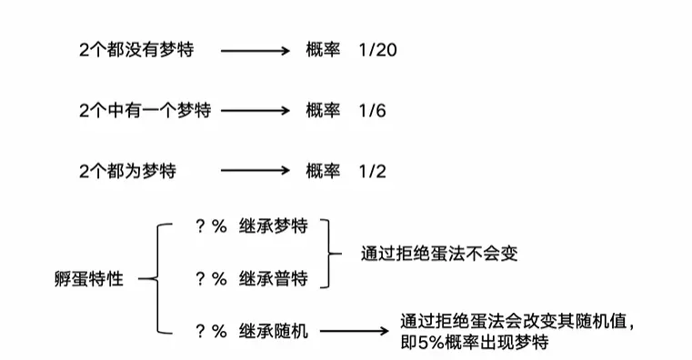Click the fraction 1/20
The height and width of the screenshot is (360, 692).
(x=377, y=50)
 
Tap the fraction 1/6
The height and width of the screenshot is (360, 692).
(x=373, y=110)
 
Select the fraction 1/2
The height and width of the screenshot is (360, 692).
(x=373, y=171)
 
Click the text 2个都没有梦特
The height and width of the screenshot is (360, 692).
(x=136, y=50)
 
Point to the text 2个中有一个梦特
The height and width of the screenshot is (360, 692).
(x=145, y=110)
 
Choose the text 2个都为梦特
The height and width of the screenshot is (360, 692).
(x=127, y=171)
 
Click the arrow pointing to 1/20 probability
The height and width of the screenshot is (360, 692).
(x=256, y=51)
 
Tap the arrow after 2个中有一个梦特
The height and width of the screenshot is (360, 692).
(x=256, y=111)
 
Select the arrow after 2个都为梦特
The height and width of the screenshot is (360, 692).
(x=256, y=171)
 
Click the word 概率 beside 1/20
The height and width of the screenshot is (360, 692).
(x=323, y=49)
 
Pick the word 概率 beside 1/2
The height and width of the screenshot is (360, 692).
(x=323, y=171)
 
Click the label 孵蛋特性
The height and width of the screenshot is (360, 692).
(x=89, y=279)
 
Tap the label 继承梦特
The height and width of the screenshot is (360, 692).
(x=274, y=226)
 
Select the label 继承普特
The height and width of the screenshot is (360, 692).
(x=274, y=279)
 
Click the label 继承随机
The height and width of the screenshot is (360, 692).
(x=274, y=331)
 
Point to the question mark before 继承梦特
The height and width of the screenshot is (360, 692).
(x=200, y=226)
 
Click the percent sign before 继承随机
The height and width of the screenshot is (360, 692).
(x=219, y=331)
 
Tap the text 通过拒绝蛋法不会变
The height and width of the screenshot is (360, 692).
(x=439, y=254)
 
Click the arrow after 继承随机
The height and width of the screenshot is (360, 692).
(x=355, y=331)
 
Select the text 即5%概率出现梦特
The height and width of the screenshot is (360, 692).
(x=475, y=343)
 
